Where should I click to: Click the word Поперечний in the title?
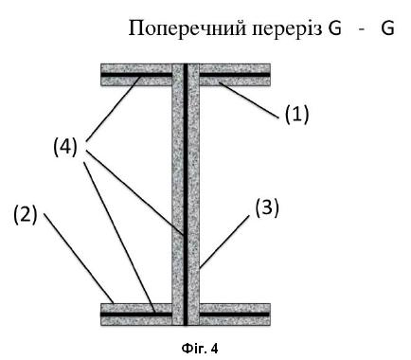pyautogui.click(x=188, y=29)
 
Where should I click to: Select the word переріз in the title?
pyautogui.click(x=287, y=29)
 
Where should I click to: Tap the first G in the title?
pyautogui.click(x=334, y=28)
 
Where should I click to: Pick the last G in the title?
pyautogui.click(x=387, y=28)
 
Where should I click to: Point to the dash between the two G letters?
pyautogui.click(x=362, y=30)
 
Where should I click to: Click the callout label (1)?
pyautogui.click(x=296, y=114)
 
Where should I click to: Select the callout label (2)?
pyautogui.click(x=26, y=215)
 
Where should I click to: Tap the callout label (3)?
pyautogui.click(x=267, y=208)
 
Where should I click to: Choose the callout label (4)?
pyautogui.click(x=65, y=147)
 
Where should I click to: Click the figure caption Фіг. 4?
pyautogui.click(x=200, y=349)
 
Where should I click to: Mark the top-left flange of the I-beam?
pyautogui.click(x=136, y=75)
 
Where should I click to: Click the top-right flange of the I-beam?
pyautogui.click(x=235, y=75)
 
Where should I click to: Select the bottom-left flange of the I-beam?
pyautogui.click(x=136, y=315)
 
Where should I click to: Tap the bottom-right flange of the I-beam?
pyautogui.click(x=235, y=315)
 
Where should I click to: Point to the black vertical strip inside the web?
pyautogui.click(x=186, y=194)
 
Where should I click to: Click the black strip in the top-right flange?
pyautogui.click(x=235, y=75)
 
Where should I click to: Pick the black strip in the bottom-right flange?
pyautogui.click(x=235, y=315)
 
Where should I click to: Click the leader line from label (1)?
pyautogui.click(x=250, y=100)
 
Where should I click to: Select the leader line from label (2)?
pyautogui.click(x=79, y=259)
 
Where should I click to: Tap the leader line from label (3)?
pyautogui.click(x=224, y=242)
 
